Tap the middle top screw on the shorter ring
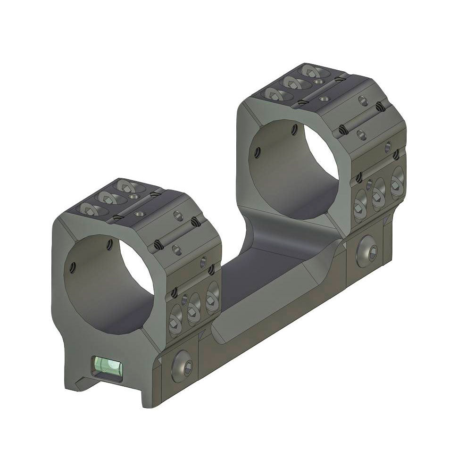105,198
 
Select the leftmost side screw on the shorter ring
176,322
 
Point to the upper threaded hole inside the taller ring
295,127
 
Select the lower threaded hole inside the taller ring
256,152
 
